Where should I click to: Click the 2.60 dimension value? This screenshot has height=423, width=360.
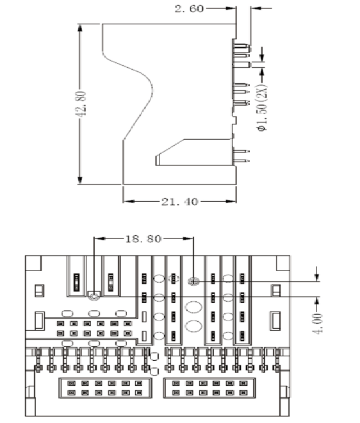tap(189, 8)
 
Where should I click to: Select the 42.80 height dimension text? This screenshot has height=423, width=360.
tap(80, 104)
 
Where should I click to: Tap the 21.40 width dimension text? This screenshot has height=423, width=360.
tap(179, 202)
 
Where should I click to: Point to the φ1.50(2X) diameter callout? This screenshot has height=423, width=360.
tap(263, 108)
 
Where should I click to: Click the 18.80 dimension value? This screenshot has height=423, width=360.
tap(143, 239)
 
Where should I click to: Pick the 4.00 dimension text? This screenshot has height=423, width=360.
tap(318, 324)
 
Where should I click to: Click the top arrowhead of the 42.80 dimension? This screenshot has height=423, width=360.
tap(80, 28)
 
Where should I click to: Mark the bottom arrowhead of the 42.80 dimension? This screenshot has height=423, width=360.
tap(80, 180)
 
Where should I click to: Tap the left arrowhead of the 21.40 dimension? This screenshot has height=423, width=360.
tap(129, 201)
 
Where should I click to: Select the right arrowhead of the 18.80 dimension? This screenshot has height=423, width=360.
tap(188, 238)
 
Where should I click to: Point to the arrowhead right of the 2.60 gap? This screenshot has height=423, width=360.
tap(255, 8)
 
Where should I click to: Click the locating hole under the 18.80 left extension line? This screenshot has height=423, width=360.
tap(94, 297)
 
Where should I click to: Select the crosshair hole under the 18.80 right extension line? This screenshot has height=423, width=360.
tap(193, 281)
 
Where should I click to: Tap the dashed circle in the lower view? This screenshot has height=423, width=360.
tap(174, 278)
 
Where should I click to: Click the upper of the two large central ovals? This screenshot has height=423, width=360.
tap(193, 308)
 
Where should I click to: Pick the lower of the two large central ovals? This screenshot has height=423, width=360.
tap(193, 326)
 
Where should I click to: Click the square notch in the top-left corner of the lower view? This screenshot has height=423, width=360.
tap(33, 263)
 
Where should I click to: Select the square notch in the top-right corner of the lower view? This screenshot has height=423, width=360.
tap(283, 263)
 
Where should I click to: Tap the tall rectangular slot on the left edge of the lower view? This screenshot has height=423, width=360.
tap(40, 320)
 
